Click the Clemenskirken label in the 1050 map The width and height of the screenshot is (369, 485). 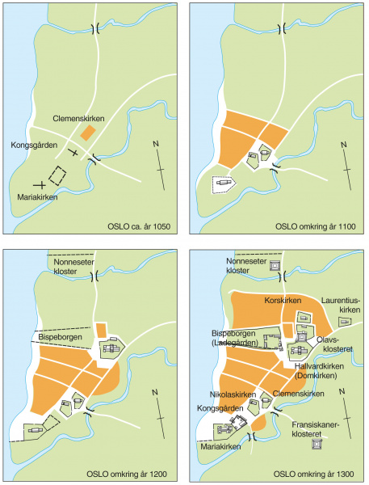tap(81, 117)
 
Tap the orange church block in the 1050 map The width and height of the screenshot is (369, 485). tap(91, 131)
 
